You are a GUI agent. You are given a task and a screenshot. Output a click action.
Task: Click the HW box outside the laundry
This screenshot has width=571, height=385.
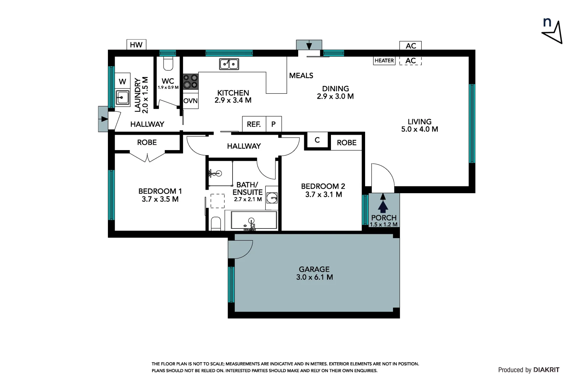tap(136, 45)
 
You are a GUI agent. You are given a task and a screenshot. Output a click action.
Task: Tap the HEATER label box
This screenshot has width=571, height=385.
tap(384, 61)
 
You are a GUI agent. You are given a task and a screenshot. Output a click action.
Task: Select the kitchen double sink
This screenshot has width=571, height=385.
tap(229, 64)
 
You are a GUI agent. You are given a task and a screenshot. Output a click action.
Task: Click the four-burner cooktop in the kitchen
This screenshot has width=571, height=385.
tap(190, 81)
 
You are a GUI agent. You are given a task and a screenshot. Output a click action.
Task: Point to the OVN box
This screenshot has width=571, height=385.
tap(191, 101)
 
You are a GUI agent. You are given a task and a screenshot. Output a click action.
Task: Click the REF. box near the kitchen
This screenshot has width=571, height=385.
tap(254, 124)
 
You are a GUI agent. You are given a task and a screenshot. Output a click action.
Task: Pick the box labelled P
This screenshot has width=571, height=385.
tap(274, 124)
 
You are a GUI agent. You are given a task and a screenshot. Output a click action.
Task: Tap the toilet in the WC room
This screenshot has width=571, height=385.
tap(168, 64)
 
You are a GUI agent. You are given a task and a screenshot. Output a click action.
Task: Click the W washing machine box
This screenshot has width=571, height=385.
tap(122, 81)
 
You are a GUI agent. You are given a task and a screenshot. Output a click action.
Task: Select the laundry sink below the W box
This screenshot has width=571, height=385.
tap(123, 97)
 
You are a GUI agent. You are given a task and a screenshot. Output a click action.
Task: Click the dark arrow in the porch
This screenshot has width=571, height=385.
tap(383, 206)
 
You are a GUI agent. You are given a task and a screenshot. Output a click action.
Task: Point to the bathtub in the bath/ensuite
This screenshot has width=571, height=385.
tap(254, 220)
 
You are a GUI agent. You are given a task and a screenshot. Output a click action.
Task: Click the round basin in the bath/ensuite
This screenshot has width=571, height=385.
tap(272, 198)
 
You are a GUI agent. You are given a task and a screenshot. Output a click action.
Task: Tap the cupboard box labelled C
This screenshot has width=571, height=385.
tap(317, 140)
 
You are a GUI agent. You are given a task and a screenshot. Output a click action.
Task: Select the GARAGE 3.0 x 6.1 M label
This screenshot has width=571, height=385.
tap(314, 273)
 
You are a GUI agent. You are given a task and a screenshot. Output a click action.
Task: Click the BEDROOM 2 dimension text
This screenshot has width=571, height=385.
tap(323, 195)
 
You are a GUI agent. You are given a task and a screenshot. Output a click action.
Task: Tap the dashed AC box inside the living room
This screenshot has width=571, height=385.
tap(410, 61)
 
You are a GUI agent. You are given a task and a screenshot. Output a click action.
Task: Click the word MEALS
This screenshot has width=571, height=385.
tap(301, 76)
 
